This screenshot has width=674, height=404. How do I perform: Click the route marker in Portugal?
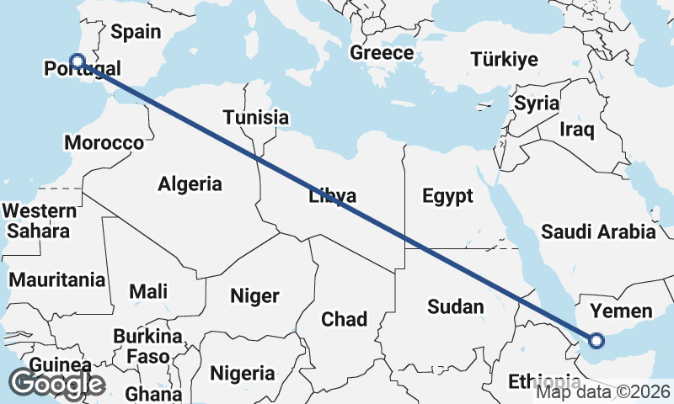pos(78,61)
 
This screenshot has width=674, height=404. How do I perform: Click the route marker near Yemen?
pos(596,341)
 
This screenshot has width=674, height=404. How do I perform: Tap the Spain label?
pos(136,32)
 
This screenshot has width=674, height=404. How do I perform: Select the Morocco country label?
pos(104,142)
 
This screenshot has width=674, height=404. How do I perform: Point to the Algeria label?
pos(190,183)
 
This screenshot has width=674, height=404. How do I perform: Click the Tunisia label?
pos(255,118)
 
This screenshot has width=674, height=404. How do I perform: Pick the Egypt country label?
pos(447,196)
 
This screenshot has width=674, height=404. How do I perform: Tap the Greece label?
pos(382,53)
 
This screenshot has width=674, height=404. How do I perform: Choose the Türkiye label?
pos(504,59)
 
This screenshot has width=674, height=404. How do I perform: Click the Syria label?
pos(537,104)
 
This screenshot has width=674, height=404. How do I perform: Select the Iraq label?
pos(578,130)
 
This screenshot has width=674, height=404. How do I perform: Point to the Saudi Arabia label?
pos(598,231)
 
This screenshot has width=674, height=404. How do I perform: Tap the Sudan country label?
pos(455,306)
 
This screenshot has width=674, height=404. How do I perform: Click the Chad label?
pos(345,319)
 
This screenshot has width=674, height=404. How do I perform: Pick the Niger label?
pos(254,296)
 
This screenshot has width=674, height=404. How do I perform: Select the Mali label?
pos(148,291)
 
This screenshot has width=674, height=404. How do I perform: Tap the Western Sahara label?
pos(40,220)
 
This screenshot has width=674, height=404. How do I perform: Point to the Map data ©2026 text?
pos(603,391)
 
